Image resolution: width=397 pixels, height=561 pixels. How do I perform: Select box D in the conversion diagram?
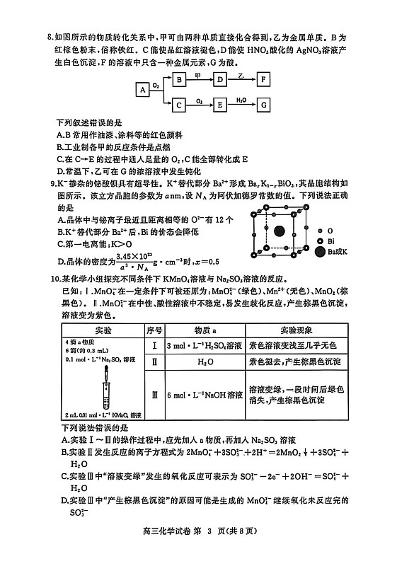220,79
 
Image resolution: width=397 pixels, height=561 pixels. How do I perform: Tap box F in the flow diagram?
264,79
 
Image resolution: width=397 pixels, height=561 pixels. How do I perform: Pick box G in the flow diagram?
264,105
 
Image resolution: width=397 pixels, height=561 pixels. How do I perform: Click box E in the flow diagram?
220,105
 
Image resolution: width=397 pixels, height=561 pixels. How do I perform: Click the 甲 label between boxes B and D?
199,74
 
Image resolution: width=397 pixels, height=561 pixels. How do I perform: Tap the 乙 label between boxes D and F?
241,74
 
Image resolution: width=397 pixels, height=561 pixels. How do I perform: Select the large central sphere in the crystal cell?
279,231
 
